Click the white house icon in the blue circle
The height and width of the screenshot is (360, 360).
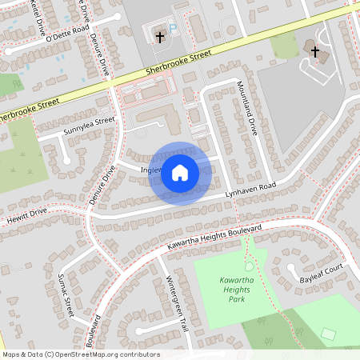point(180,173)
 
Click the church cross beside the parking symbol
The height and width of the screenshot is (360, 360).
point(158,37)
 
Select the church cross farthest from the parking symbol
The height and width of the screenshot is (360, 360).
point(314,54)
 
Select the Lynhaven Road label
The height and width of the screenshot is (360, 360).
point(250,189)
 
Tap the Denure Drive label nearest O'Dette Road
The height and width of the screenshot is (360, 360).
point(99,53)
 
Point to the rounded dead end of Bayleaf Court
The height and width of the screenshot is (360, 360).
point(293,268)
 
